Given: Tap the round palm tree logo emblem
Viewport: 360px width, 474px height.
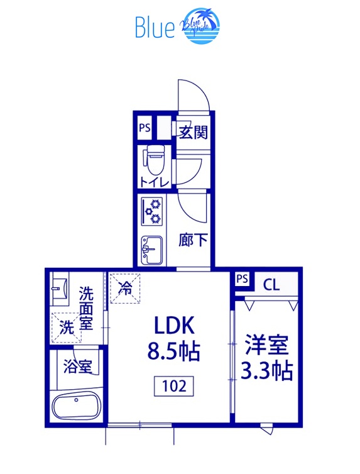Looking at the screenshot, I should coord(200,26).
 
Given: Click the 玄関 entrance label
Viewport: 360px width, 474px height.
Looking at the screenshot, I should coord(193,132).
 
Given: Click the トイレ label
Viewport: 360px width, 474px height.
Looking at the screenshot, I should coord(154,182).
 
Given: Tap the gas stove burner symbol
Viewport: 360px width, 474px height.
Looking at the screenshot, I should coord(153,211).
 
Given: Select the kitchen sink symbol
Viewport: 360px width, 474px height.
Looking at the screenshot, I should coord(152,250).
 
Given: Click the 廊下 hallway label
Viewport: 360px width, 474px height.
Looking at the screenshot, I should coord(193,240).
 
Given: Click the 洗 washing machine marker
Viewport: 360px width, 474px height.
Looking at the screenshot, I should coord(66,327).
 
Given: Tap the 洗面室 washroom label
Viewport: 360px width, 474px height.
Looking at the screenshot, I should coord(86,308).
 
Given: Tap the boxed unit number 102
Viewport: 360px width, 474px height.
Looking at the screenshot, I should coord(173,385).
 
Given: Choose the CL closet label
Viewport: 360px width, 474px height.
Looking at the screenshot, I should coord(271,285).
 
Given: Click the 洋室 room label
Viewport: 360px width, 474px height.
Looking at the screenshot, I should coord(266,345).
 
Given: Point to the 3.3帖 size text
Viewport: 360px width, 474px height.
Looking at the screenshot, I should coord(266,371).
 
